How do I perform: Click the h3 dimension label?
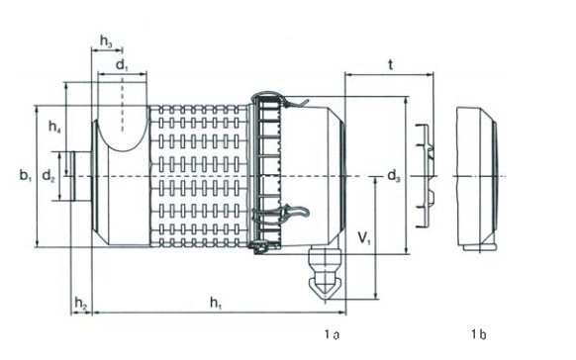click(x=106, y=42)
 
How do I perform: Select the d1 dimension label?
click(x=123, y=65)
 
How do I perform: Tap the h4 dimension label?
click(x=54, y=127)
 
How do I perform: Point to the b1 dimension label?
click(x=26, y=175)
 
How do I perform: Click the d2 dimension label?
click(x=48, y=176)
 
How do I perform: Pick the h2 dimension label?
click(x=81, y=303)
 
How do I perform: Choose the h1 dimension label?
click(x=216, y=303)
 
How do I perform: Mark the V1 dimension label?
click(x=364, y=239)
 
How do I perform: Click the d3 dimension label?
click(x=394, y=176)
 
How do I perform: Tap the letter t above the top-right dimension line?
click(x=391, y=65)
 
